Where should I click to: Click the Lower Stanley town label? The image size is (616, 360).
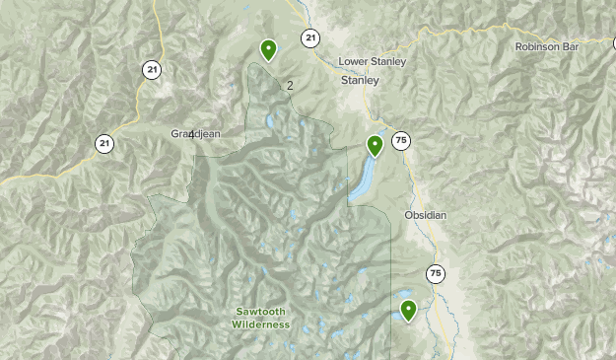(372, 61)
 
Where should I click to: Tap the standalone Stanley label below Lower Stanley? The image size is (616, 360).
(359, 81)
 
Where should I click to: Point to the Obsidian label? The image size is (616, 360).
(425, 215)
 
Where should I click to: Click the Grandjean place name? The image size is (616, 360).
(195, 133)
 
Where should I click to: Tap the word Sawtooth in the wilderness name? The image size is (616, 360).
(261, 312)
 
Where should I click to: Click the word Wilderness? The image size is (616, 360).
(261, 324)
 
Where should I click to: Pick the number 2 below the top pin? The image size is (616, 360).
(290, 86)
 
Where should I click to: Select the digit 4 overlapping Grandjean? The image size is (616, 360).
(191, 133)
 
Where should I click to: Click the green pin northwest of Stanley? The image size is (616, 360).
(268, 49)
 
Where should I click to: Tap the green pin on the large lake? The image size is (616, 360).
(375, 146)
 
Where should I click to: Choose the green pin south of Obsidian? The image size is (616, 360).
(408, 311)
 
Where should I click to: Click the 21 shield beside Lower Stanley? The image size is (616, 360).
(311, 38)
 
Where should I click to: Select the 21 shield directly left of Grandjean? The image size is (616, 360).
(104, 144)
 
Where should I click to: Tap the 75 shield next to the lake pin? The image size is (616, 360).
(400, 141)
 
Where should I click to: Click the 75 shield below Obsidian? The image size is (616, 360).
(436, 273)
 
